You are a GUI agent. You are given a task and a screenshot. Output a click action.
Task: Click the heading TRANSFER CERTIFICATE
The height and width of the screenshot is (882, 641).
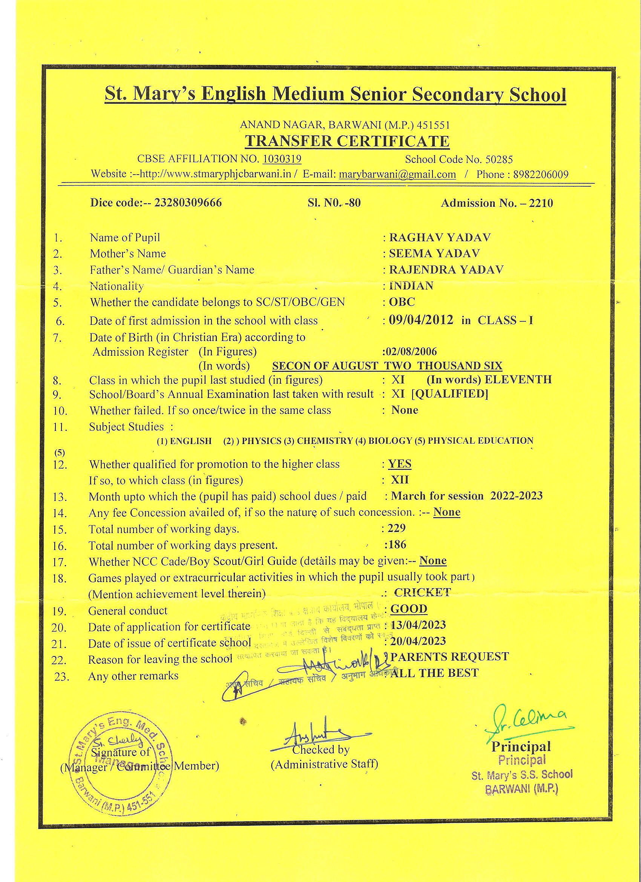[347, 141]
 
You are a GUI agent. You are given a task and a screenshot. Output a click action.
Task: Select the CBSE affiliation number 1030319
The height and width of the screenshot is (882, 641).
[282, 159]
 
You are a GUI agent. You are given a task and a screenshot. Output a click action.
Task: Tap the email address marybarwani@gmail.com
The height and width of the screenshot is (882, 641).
[397, 174]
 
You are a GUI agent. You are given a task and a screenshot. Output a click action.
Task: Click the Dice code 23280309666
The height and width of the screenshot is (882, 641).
[188, 203]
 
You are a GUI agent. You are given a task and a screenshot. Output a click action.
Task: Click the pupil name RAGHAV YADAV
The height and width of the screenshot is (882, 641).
[440, 237]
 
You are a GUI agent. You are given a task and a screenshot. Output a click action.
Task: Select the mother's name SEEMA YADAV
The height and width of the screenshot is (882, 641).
[434, 254]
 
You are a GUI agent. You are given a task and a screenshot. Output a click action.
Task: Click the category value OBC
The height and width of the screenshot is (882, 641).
[402, 302]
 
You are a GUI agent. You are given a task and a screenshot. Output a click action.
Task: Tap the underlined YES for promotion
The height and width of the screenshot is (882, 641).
[400, 464]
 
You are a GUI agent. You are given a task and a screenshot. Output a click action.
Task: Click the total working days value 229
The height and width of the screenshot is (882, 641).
[397, 528]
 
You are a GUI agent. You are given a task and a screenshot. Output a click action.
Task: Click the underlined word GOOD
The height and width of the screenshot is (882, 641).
[409, 609]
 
